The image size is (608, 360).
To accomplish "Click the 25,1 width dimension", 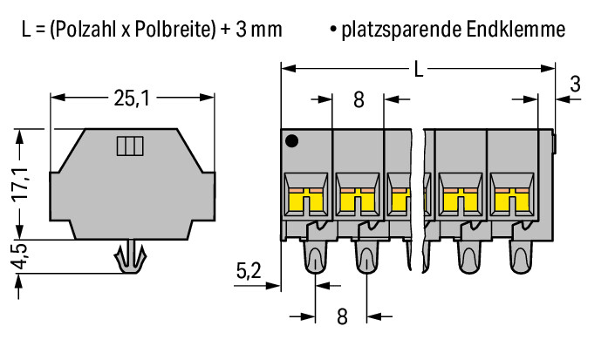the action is click(x=132, y=98).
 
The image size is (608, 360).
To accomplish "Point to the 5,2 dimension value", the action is click(x=249, y=271).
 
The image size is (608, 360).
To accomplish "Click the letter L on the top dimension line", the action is click(x=419, y=70).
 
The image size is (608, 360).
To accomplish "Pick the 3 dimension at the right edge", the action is click(x=576, y=84).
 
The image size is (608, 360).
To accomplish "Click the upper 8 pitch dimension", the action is click(x=359, y=100).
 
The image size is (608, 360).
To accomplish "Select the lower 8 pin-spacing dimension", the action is click(x=342, y=316).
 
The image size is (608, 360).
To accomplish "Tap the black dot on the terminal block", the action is click(x=291, y=140).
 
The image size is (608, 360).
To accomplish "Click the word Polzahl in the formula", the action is click(x=85, y=29).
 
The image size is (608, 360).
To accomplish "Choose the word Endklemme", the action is click(x=516, y=29).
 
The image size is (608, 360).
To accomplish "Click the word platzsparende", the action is click(x=401, y=31).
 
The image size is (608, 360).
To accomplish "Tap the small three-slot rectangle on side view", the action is click(x=130, y=146).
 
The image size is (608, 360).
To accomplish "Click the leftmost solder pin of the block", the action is click(x=315, y=257).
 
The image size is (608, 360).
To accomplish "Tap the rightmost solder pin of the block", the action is click(x=521, y=257).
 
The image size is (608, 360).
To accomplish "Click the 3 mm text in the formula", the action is click(x=258, y=29).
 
